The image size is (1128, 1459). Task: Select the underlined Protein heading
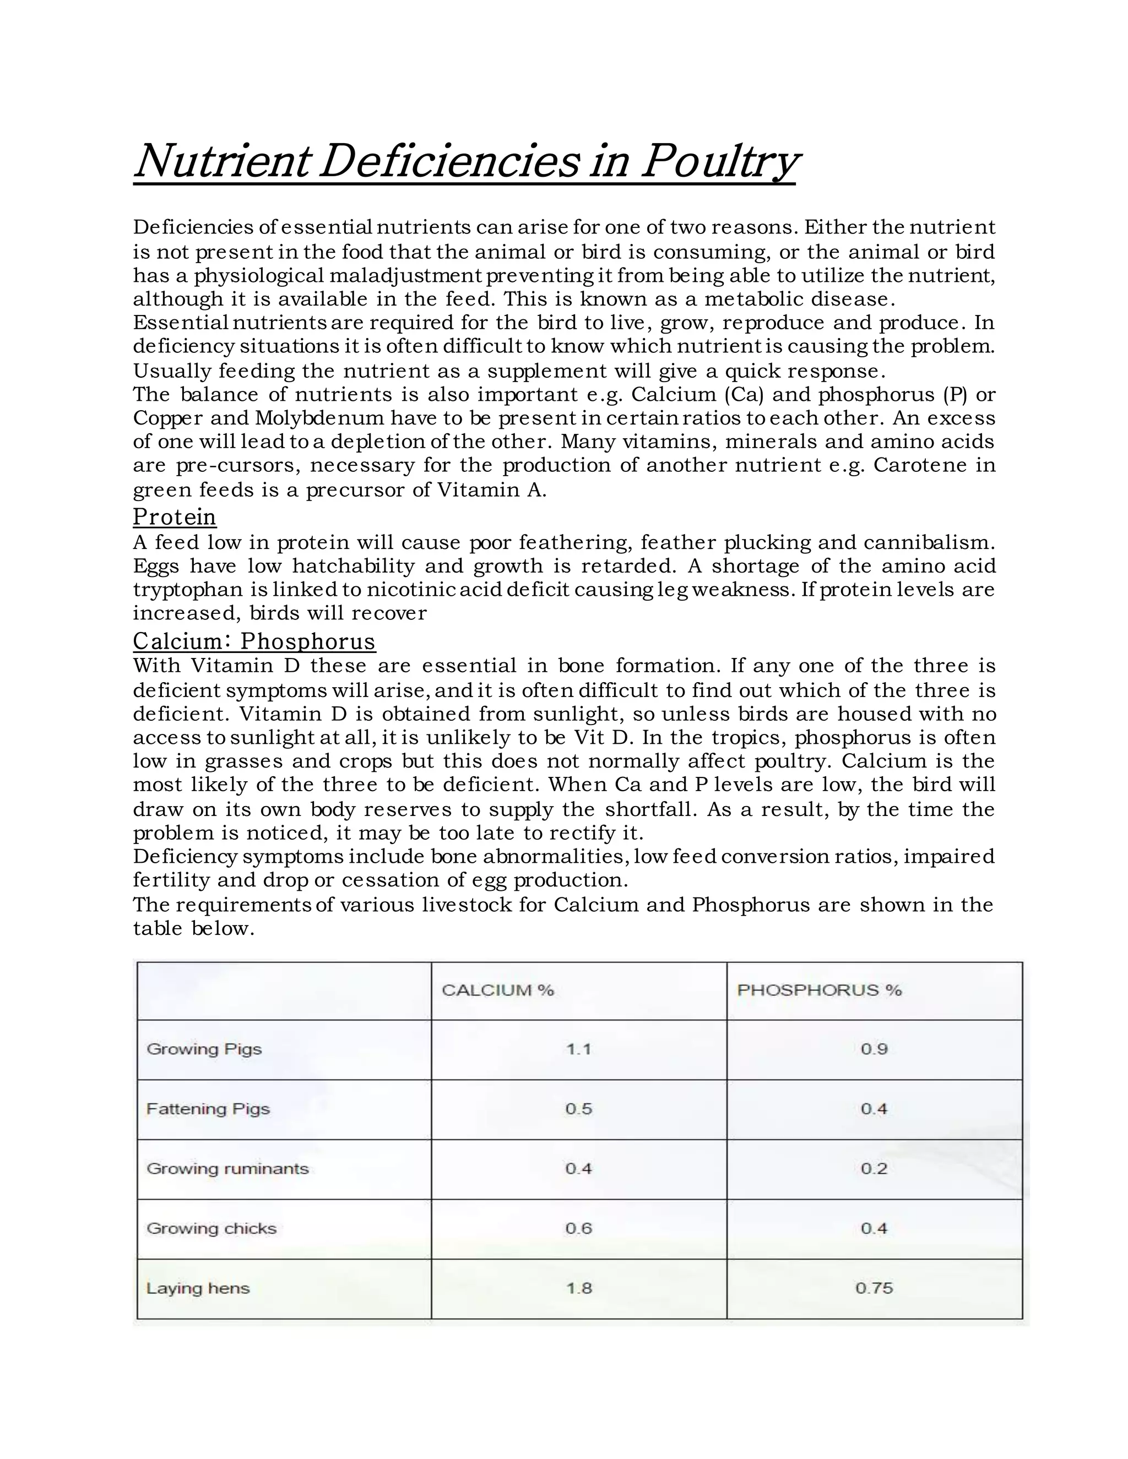click(x=175, y=517)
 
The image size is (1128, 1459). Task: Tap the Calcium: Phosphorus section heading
click(x=254, y=641)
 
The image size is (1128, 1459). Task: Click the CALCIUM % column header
click(x=498, y=990)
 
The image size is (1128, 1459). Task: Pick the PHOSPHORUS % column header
click(x=819, y=990)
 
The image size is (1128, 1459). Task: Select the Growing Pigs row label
click(x=204, y=1049)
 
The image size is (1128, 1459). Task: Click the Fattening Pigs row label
click(x=208, y=1109)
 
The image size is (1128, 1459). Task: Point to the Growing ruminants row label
click(x=227, y=1168)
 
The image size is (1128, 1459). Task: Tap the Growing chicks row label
click(x=211, y=1228)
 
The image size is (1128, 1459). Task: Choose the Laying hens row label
click(x=198, y=1288)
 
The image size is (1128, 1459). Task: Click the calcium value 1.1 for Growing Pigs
click(x=579, y=1049)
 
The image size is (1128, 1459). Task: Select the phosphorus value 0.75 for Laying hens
click(x=874, y=1288)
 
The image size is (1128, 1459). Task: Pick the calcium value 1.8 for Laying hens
click(x=579, y=1288)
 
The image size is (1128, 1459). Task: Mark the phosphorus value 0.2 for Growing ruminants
click(x=874, y=1168)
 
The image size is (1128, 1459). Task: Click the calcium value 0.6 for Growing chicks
click(x=579, y=1228)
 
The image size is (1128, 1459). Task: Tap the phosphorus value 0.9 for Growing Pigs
click(x=874, y=1049)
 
